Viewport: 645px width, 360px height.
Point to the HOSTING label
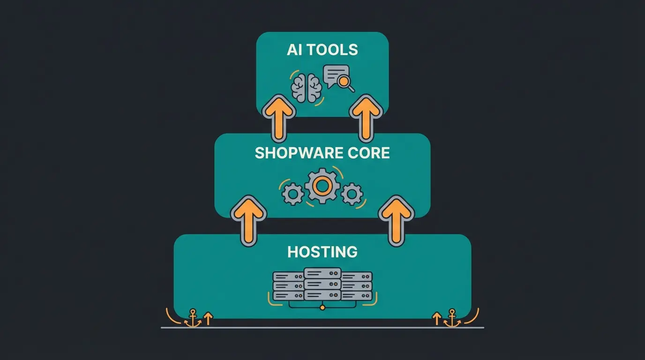(x=322, y=252)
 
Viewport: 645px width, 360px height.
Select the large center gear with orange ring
(x=322, y=187)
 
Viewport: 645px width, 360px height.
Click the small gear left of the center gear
(x=294, y=193)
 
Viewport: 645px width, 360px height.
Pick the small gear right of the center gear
(x=352, y=193)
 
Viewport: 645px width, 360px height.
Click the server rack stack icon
(x=322, y=285)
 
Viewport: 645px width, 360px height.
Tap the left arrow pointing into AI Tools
(x=278, y=117)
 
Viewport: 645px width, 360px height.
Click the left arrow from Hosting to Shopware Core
(x=248, y=220)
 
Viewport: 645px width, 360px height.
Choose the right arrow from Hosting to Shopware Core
(x=397, y=220)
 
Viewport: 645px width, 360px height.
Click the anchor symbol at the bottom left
(x=192, y=318)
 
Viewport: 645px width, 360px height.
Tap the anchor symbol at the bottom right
(x=452, y=318)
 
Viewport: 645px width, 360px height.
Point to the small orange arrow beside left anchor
(x=208, y=319)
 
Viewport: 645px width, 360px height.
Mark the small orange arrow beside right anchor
(x=436, y=319)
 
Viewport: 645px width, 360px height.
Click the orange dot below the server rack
(x=322, y=307)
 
